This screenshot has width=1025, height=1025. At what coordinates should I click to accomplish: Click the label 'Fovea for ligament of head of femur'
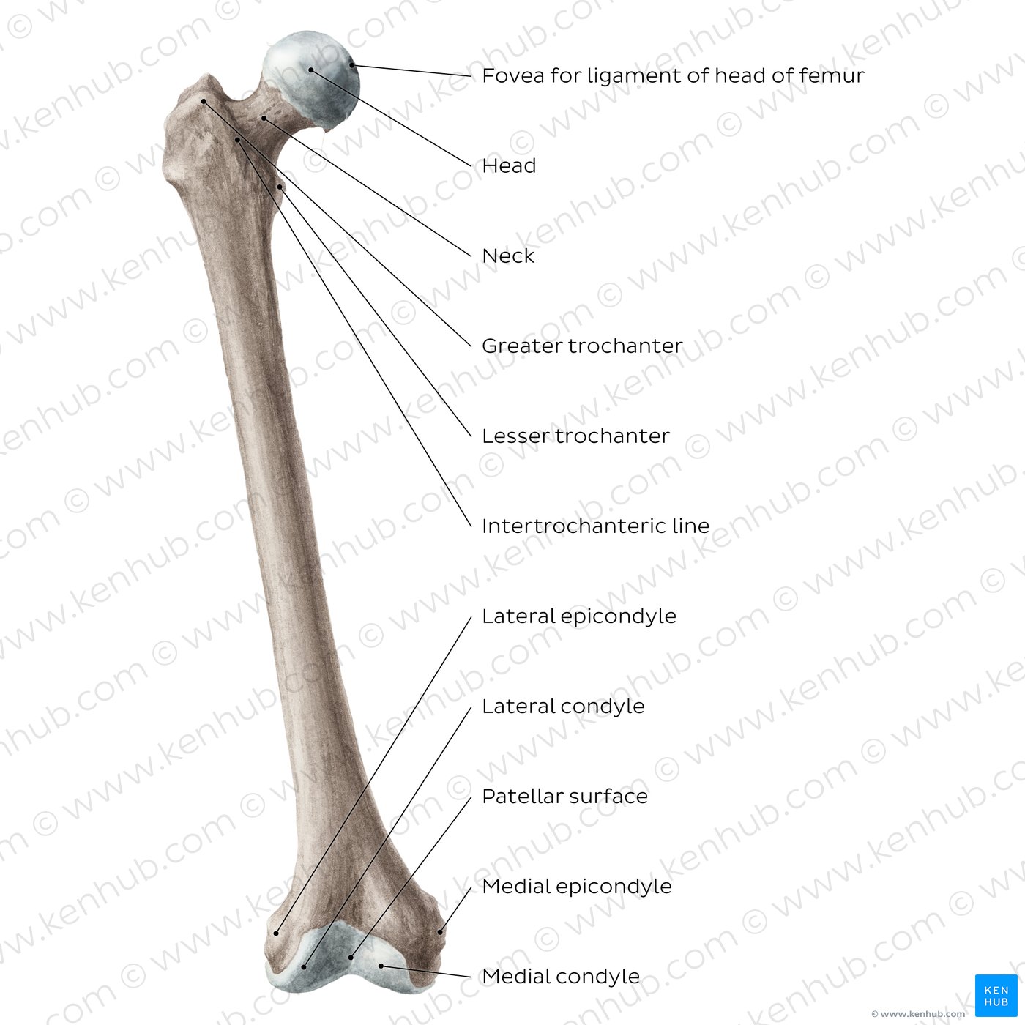pos(673,75)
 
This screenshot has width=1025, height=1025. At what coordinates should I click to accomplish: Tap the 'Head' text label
pos(509,165)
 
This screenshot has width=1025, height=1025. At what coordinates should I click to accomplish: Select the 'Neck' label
pos(508,256)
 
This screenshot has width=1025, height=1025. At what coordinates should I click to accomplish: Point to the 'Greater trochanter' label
pos(582,346)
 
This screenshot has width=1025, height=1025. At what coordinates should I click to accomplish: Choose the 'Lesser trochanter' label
pos(575,436)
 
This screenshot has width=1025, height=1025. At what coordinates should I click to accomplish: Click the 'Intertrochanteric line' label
pos(595,526)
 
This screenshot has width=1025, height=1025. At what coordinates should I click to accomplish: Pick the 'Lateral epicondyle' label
pos(578,616)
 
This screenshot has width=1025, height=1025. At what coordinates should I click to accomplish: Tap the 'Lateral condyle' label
pos(563,706)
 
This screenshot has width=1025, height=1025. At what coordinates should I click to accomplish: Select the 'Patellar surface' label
pos(565,797)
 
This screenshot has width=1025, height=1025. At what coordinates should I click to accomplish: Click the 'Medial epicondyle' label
pos(577,886)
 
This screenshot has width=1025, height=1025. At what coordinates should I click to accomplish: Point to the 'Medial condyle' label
pos(561,976)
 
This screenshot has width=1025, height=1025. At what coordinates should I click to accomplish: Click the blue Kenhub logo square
pos(996,995)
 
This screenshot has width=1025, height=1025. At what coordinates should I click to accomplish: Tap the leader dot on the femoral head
pos(310,70)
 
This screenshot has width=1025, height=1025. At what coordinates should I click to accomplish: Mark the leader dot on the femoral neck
pos(264,118)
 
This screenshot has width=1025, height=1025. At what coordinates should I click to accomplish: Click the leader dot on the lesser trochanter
pos(280,187)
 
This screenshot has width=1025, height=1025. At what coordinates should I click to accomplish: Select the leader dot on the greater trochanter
pos(204,101)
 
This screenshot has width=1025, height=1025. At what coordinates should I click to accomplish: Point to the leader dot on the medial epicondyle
pos(440,932)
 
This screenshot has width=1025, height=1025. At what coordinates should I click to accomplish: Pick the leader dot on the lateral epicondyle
pos(276,933)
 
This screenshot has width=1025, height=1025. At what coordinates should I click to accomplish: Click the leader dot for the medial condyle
pos(381,966)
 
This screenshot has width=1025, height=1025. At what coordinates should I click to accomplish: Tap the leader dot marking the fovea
pos(351,65)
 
